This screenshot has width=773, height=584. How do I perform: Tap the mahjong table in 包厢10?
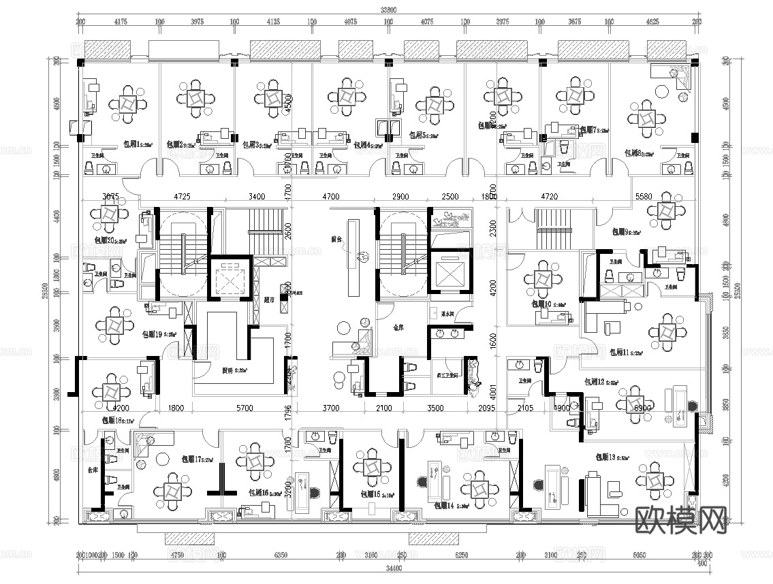pos(543,278)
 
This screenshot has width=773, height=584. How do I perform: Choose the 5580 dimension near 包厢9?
pos(644,197)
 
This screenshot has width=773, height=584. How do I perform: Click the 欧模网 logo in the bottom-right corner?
pos(680,522)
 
